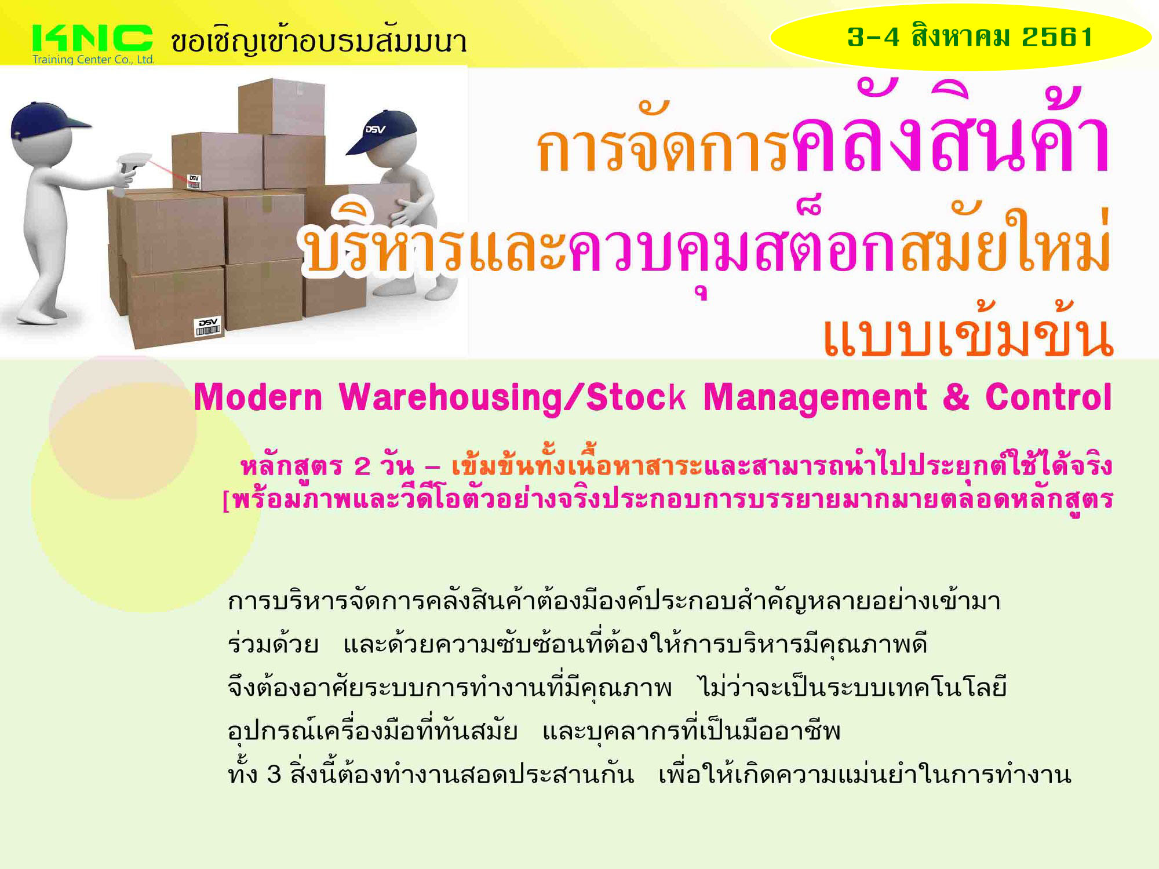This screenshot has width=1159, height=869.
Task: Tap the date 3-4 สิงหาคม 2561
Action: [x=970, y=36]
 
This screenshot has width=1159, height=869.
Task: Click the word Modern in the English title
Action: [x=258, y=399]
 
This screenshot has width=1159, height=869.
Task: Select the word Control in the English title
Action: [x=1049, y=397]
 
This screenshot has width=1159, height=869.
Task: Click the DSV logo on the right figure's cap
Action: [x=375, y=129]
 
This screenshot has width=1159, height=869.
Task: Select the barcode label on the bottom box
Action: [x=208, y=327]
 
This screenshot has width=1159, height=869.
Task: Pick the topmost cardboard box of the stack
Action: [x=281, y=107]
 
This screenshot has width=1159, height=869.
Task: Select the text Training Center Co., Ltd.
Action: [x=93, y=60]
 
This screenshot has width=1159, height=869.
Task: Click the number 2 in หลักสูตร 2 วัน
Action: [x=362, y=466]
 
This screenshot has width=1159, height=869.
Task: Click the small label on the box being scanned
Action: [x=194, y=181]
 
